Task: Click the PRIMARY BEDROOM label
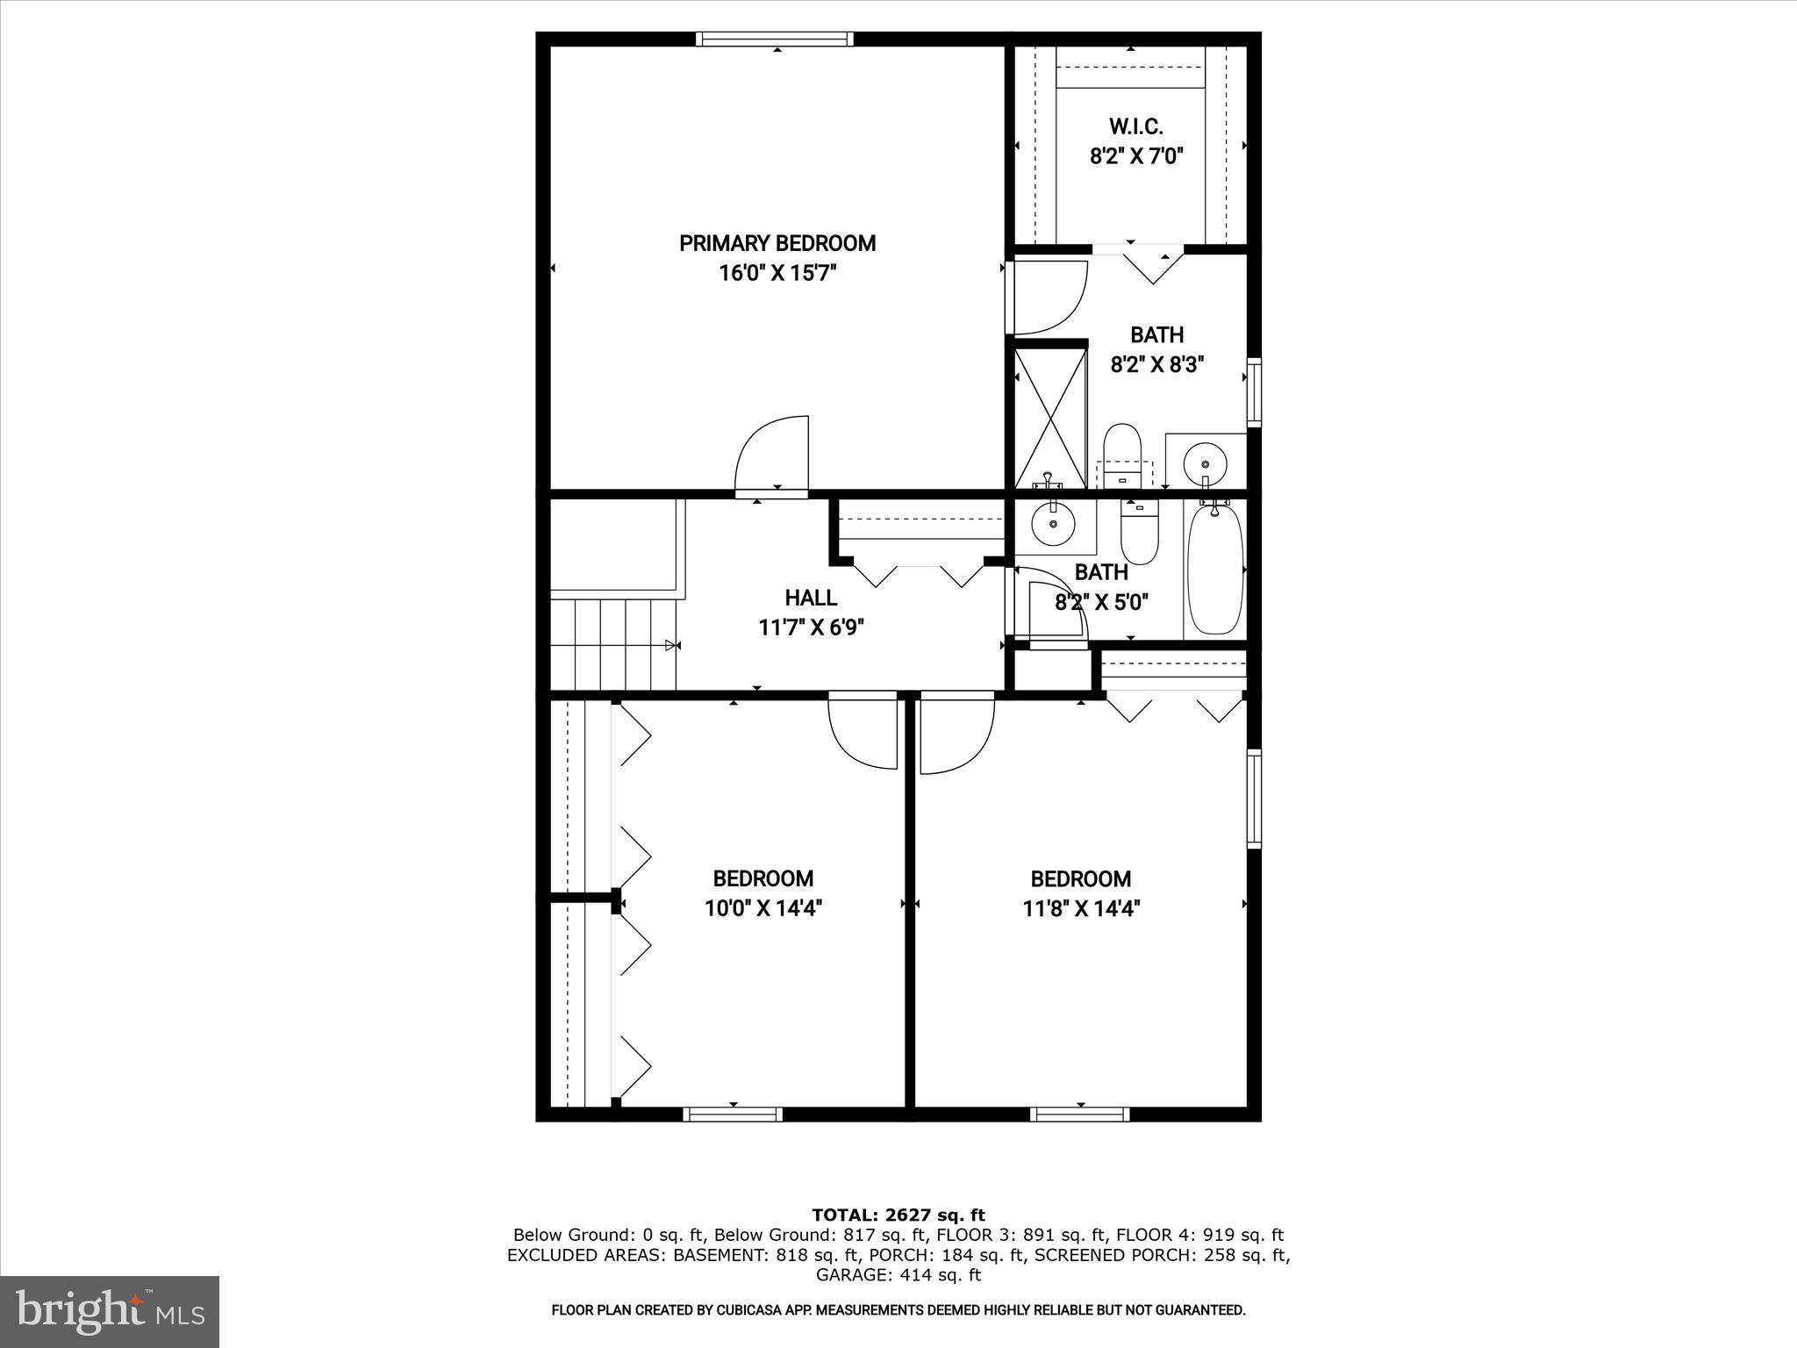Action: [777, 243]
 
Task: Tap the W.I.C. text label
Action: [1136, 126]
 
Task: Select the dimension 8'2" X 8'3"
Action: [1156, 364]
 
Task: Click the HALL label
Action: [811, 598]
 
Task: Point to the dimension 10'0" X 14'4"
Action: [763, 908]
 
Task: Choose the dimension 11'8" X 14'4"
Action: [1081, 908]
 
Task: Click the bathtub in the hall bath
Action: [1215, 569]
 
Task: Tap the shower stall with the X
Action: [1050, 418]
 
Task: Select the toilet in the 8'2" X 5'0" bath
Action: [1140, 534]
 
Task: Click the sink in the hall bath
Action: [1053, 526]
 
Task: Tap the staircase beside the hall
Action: [614, 645]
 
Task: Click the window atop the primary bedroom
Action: [775, 39]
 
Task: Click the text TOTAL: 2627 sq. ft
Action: [898, 1215]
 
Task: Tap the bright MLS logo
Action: [110, 1311]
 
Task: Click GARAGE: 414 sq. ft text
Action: [898, 1275]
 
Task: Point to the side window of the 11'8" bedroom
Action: [1254, 799]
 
